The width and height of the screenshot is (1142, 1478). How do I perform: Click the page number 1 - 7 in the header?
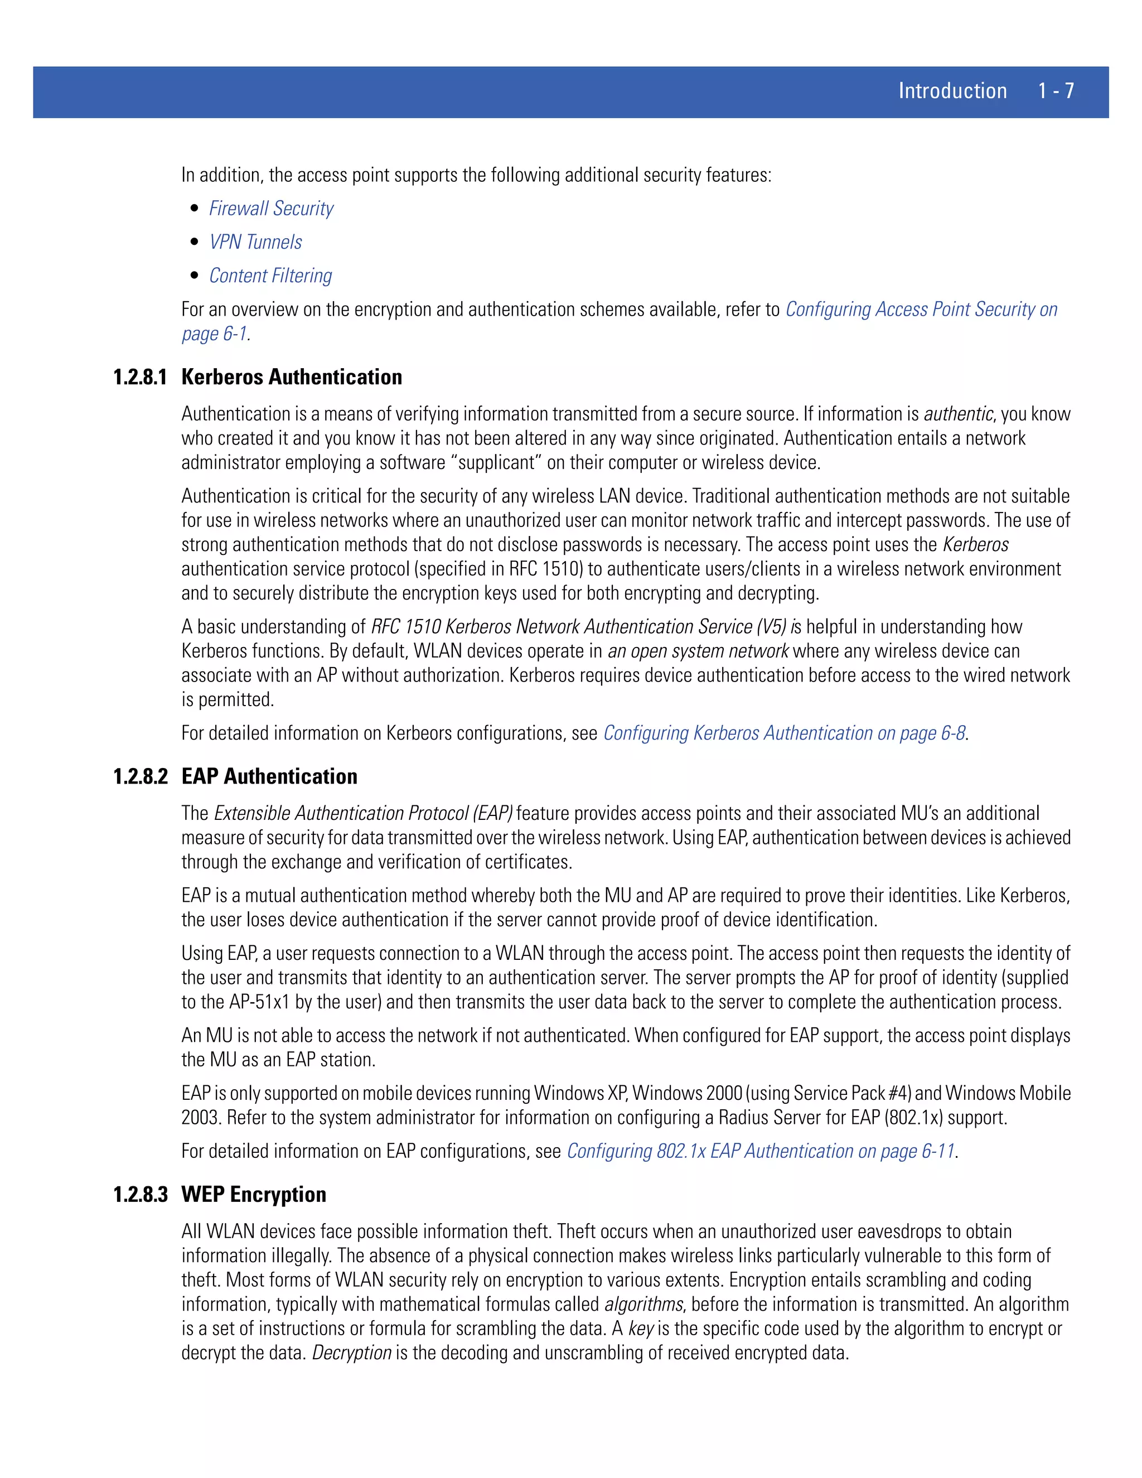[1056, 91]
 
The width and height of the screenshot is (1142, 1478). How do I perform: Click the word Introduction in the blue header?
[952, 91]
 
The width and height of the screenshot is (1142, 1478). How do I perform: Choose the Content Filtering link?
[270, 276]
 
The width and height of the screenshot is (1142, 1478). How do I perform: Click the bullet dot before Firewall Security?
[195, 209]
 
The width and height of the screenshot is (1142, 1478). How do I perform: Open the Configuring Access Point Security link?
[920, 310]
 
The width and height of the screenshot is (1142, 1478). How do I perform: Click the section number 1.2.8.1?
[140, 377]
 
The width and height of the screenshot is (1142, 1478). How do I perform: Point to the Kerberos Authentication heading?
[292, 377]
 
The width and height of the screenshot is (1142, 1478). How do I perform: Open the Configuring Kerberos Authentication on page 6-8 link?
[784, 733]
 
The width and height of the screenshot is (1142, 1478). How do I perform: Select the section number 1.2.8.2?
[140, 776]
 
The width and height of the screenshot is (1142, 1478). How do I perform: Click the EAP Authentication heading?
[269, 776]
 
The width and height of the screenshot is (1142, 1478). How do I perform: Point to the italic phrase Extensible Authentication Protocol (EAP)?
[364, 813]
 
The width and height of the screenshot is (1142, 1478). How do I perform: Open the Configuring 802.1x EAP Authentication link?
[761, 1151]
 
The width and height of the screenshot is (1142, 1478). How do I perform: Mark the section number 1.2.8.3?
[140, 1195]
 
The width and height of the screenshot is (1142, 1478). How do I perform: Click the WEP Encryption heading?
[254, 1195]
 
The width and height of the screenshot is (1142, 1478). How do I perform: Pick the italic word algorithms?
[643, 1304]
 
